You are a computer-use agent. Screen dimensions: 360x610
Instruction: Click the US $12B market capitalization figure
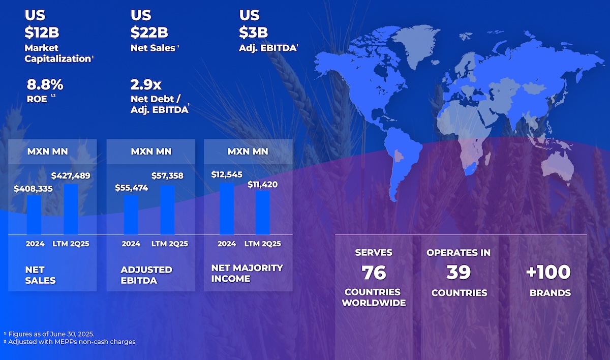point(42,33)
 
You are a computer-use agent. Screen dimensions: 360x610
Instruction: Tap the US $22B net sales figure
point(149,33)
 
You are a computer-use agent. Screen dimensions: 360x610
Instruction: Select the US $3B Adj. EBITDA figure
point(254,33)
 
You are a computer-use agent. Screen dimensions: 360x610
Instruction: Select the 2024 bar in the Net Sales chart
point(34,215)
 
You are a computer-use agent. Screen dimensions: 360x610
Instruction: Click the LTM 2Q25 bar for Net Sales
point(71,209)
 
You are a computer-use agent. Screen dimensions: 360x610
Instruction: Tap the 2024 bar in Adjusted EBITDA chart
point(131,215)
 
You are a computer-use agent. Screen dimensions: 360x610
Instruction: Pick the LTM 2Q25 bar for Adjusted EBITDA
point(167,209)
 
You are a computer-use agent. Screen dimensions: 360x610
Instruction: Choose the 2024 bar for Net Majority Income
point(227,208)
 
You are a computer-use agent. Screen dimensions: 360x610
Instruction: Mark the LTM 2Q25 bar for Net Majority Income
point(262,212)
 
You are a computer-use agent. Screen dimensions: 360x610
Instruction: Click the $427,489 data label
point(71,176)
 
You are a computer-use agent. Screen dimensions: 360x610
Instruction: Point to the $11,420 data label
point(262,184)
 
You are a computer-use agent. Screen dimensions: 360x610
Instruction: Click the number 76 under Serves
point(374,273)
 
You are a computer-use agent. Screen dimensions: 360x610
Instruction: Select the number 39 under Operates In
point(459,273)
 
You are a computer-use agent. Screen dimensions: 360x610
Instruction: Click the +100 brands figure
point(548,273)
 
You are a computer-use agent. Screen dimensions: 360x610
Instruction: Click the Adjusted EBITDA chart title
point(146,275)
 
